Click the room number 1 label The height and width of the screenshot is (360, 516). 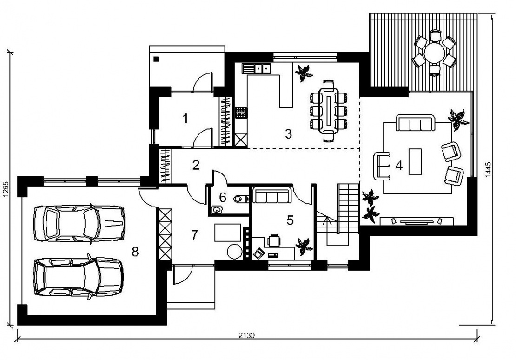click(x=185, y=118)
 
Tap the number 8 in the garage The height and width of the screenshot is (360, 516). click(x=135, y=252)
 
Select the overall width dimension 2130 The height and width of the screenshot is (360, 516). click(x=246, y=336)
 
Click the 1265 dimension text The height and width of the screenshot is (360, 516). click(x=5, y=189)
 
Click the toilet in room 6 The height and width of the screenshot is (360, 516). click(x=240, y=199)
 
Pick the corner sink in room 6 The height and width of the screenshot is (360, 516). click(x=216, y=209)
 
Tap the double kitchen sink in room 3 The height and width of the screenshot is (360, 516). click(x=256, y=68)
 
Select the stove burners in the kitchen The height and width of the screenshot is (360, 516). click(x=241, y=112)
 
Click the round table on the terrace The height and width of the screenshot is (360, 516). click(x=435, y=53)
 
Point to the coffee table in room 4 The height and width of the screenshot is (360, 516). click(x=415, y=161)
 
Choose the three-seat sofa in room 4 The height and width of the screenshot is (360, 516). click(x=415, y=123)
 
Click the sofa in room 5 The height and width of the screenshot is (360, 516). click(x=271, y=195)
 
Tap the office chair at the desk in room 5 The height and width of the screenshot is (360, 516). click(x=274, y=240)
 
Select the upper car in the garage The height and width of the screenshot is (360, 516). click(x=79, y=224)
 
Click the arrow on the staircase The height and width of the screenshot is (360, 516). click(x=326, y=222)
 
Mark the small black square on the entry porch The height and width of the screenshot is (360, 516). click(x=156, y=59)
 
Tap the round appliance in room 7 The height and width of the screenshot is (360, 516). click(x=234, y=252)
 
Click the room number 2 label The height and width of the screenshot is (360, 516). click(x=196, y=165)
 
